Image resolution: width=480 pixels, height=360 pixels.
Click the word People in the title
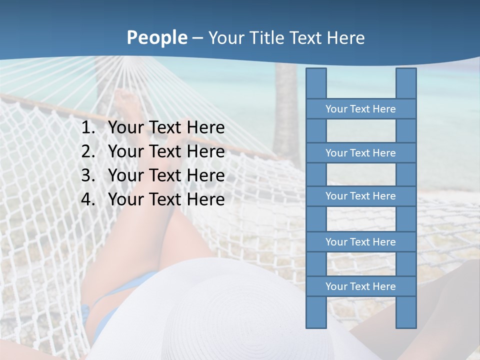[x=157, y=38]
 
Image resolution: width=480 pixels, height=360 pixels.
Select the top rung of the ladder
[x=360, y=109]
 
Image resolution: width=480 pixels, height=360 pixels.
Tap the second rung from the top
[x=360, y=153]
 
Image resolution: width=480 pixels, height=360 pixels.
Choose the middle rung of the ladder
[x=360, y=196]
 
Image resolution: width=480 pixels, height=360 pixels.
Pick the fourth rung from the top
[x=360, y=242]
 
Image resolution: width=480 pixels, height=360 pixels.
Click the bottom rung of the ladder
[x=360, y=286]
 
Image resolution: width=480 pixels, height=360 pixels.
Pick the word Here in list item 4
[x=205, y=200]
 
